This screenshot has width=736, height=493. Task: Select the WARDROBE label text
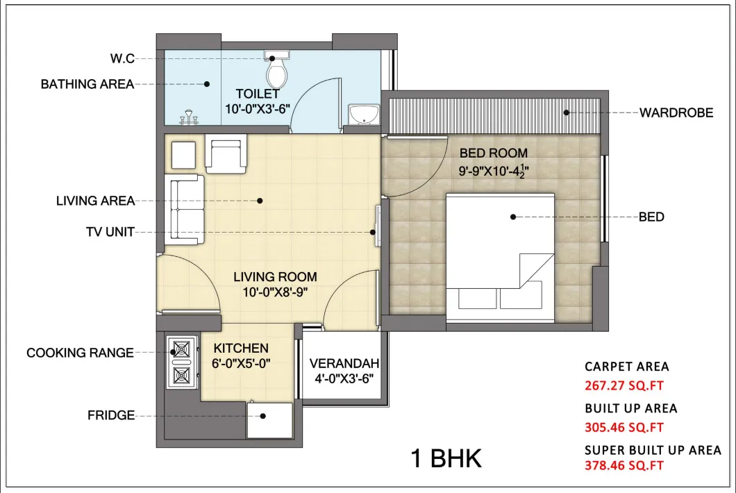click(x=676, y=112)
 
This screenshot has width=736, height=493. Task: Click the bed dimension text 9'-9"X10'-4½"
click(x=493, y=169)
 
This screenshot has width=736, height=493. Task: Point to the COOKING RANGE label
click(x=80, y=353)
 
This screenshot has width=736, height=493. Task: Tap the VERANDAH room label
click(x=344, y=363)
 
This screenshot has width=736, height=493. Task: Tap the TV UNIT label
click(x=106, y=232)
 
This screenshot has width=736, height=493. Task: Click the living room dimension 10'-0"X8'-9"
click(x=275, y=292)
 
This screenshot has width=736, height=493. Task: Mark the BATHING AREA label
click(x=87, y=84)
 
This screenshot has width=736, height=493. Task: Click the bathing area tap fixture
click(x=188, y=119)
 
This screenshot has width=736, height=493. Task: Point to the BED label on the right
click(x=651, y=217)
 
